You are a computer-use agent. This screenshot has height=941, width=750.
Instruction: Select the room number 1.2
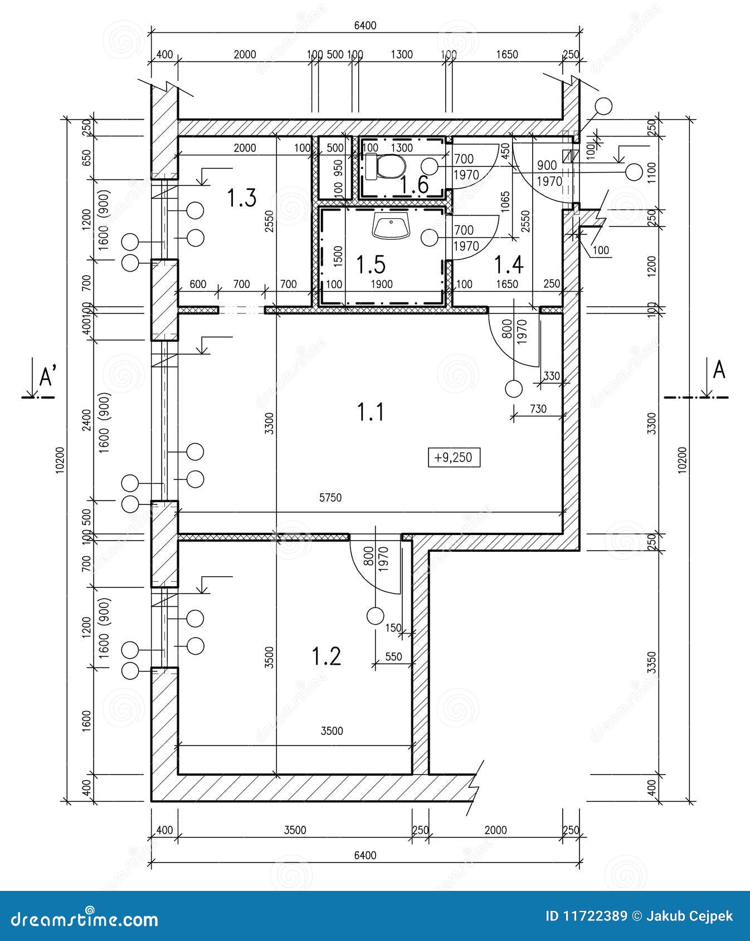point(326,656)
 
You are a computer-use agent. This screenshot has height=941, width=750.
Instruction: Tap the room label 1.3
point(242,198)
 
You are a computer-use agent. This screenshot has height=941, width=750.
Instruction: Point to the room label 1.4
point(509,264)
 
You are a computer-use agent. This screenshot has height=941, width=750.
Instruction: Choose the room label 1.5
point(371,264)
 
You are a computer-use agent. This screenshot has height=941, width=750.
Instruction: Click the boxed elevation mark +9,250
point(454,458)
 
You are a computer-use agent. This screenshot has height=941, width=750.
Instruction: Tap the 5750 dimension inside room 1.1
point(330,498)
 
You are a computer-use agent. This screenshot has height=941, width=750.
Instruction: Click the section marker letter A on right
point(719,370)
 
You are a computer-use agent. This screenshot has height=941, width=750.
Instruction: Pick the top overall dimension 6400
point(365,26)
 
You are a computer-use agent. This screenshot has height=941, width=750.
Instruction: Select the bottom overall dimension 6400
point(365,855)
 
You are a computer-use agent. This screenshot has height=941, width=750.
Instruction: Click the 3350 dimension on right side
point(652,663)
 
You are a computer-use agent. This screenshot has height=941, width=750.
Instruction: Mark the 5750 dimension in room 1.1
point(330,498)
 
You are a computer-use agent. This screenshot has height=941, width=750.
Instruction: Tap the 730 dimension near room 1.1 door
point(538,409)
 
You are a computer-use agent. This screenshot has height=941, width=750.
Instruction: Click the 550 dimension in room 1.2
point(393,656)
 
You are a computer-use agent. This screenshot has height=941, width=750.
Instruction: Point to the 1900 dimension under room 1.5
point(382,285)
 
